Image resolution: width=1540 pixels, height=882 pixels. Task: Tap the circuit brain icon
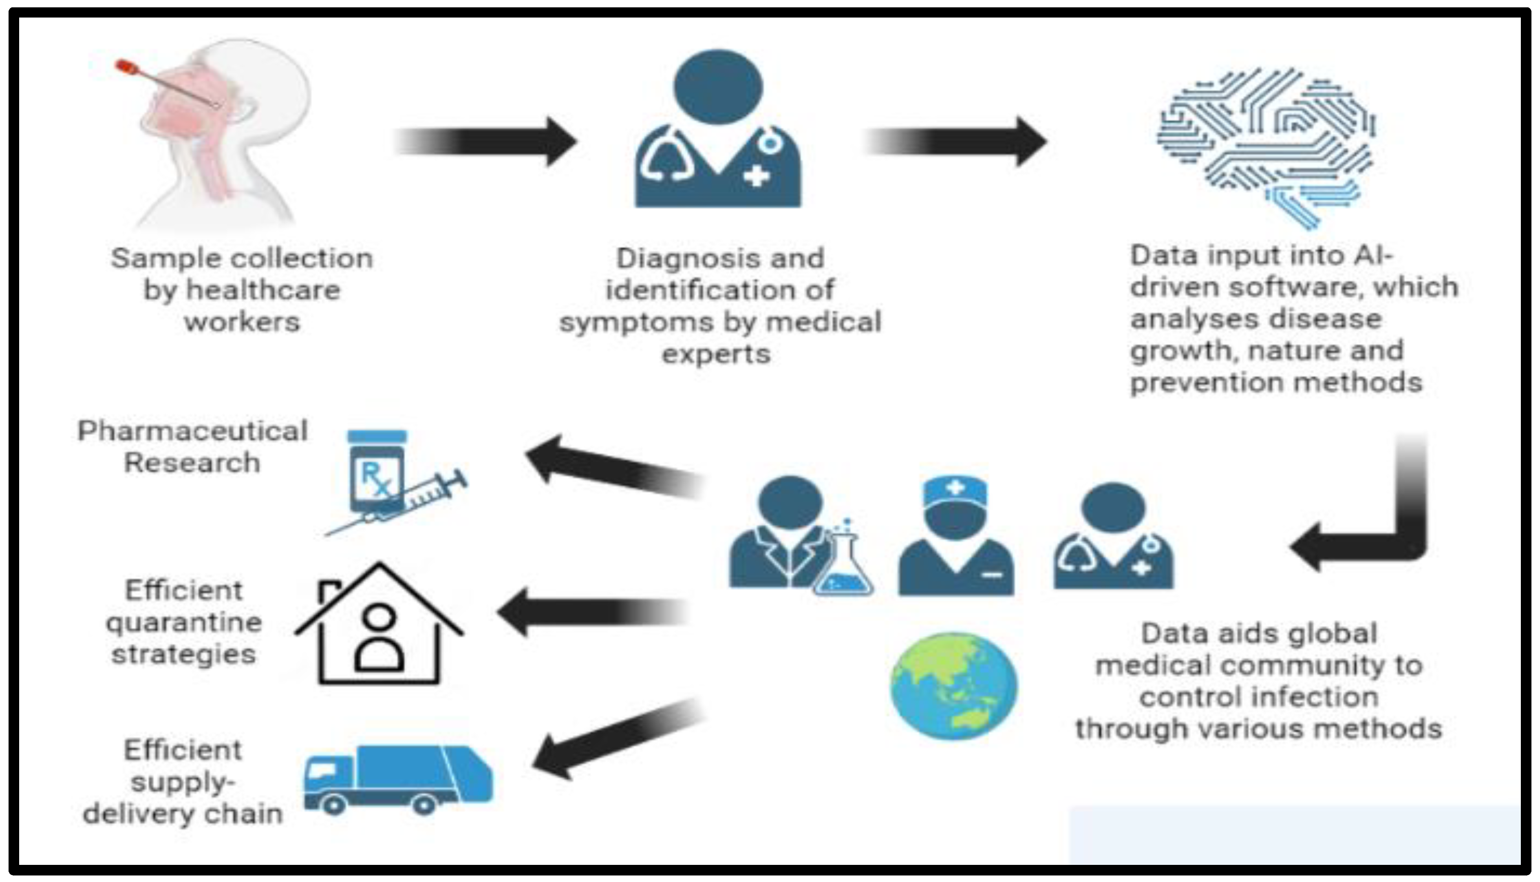(1266, 146)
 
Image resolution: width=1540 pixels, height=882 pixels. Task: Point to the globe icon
(954, 686)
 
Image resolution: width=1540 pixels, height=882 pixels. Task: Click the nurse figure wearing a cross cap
(955, 536)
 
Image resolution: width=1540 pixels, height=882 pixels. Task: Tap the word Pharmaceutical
(192, 431)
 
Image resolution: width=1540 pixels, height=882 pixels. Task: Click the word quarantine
(183, 622)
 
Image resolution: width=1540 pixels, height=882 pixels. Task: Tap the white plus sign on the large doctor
(757, 177)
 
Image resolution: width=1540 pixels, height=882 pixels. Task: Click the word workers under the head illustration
(242, 322)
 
